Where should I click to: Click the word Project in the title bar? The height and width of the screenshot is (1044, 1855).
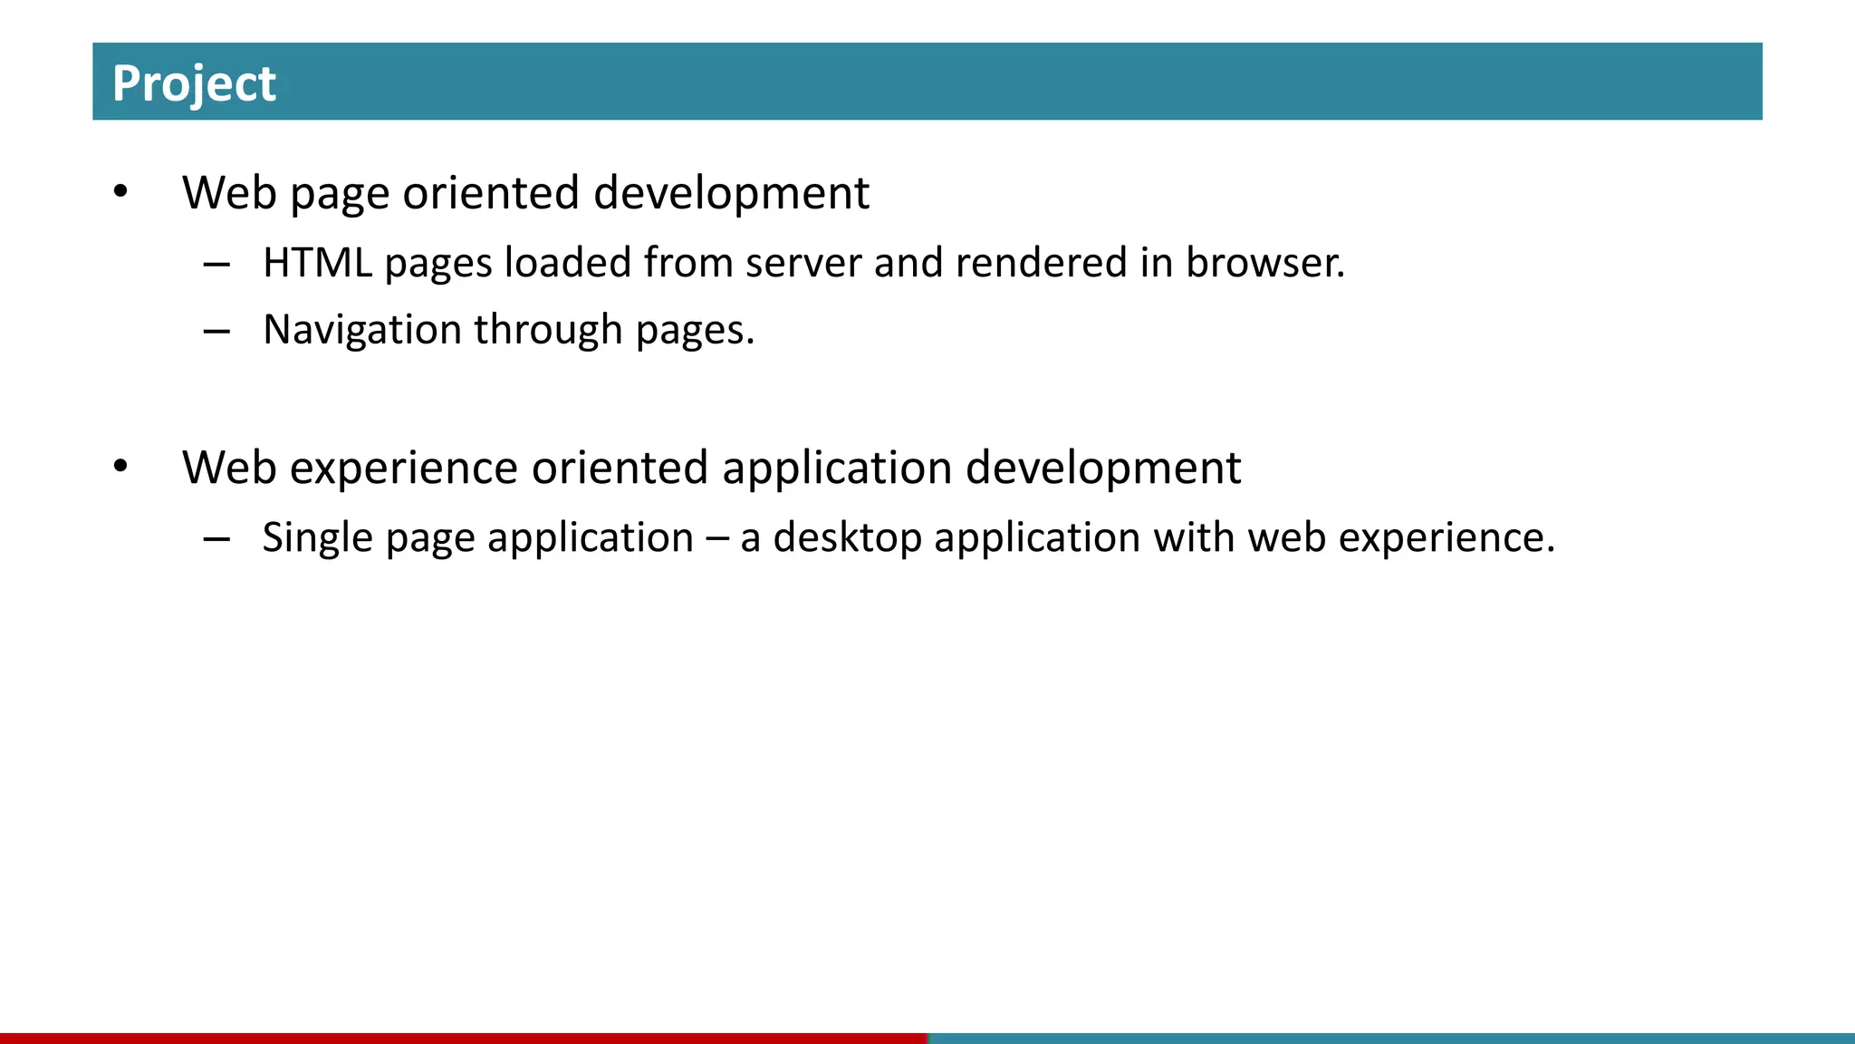[x=194, y=83]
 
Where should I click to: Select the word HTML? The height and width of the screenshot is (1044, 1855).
[x=317, y=263]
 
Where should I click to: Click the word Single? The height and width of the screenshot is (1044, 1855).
[x=317, y=538]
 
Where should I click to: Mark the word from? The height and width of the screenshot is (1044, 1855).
[x=688, y=263]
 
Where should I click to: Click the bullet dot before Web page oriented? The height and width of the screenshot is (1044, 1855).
[x=120, y=192]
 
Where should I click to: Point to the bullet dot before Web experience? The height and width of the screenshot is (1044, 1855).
[x=120, y=468]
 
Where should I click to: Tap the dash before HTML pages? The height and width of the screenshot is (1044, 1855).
[x=216, y=265]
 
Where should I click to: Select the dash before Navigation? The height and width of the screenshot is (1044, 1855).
[x=216, y=332]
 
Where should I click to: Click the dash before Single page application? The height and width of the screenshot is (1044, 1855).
[x=216, y=540]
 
